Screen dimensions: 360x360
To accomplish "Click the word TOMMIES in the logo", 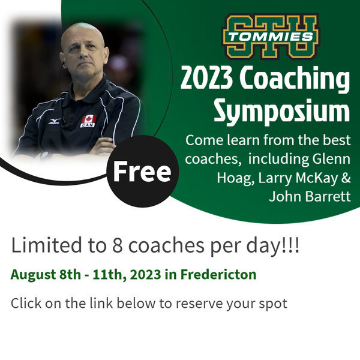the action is pos(271,37).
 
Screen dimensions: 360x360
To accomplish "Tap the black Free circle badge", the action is pos(143,171).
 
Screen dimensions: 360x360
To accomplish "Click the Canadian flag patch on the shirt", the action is pos(88,121).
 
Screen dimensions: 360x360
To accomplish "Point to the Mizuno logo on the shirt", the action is pos(55,121).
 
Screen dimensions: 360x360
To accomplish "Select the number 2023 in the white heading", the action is pos(206,78).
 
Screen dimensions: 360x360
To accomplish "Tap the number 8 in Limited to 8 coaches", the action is pos(117,245).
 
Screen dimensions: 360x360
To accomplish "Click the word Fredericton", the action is pos(218,274).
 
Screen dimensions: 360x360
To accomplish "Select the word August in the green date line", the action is pos(33,275).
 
